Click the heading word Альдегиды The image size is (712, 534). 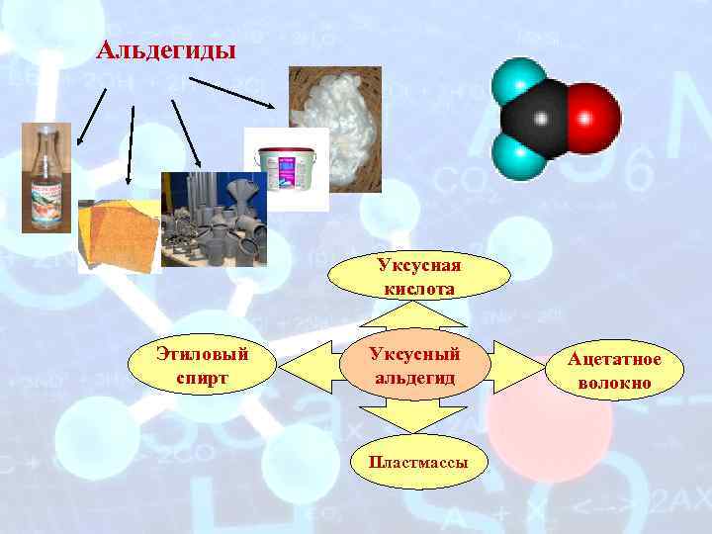(167, 49)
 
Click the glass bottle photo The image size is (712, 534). (45, 178)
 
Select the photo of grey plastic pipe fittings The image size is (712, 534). (214, 220)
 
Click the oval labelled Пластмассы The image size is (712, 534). (416, 461)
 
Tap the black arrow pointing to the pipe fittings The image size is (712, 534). (188, 129)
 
